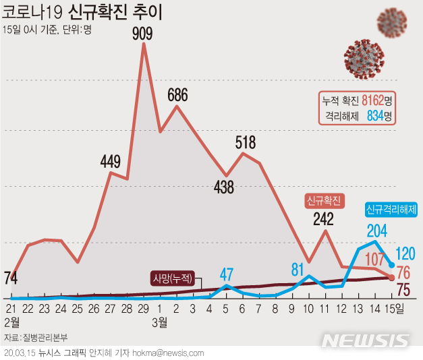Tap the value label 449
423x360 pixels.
click(110, 161)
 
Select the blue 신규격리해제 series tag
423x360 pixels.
click(391, 210)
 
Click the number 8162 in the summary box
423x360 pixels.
click(372, 100)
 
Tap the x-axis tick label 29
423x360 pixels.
click(143, 308)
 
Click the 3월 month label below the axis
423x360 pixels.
click(159, 323)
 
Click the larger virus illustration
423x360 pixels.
click(363, 58)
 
